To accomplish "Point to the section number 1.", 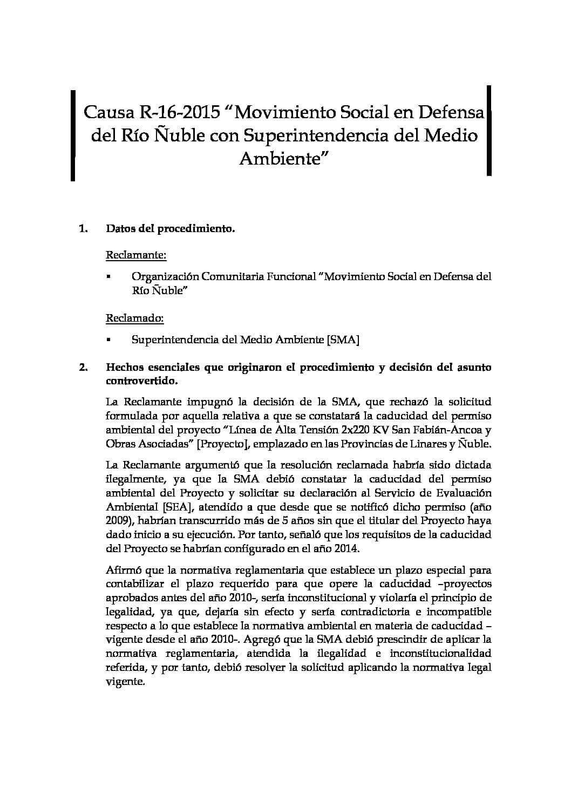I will [x=83, y=229].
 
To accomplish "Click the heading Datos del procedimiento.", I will [x=171, y=229].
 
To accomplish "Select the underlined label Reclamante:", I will [x=135, y=254].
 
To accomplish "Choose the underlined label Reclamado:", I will [x=134, y=318].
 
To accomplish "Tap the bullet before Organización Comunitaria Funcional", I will [x=108, y=277].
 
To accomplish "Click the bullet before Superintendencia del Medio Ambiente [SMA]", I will [x=108, y=340].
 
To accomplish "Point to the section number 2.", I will [x=83, y=368].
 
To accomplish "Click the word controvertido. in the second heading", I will [x=142, y=381].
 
